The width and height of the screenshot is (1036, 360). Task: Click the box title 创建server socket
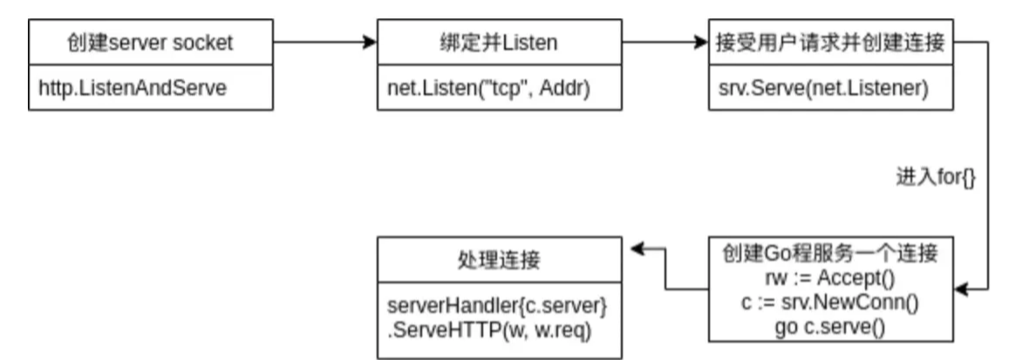coord(149,42)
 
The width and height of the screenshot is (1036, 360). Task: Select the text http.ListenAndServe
coord(133,89)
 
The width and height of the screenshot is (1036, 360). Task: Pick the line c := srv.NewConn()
coord(829,302)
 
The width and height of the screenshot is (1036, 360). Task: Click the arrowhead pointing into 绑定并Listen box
coord(369,41)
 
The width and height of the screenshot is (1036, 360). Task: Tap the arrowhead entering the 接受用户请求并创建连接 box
coord(701,41)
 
